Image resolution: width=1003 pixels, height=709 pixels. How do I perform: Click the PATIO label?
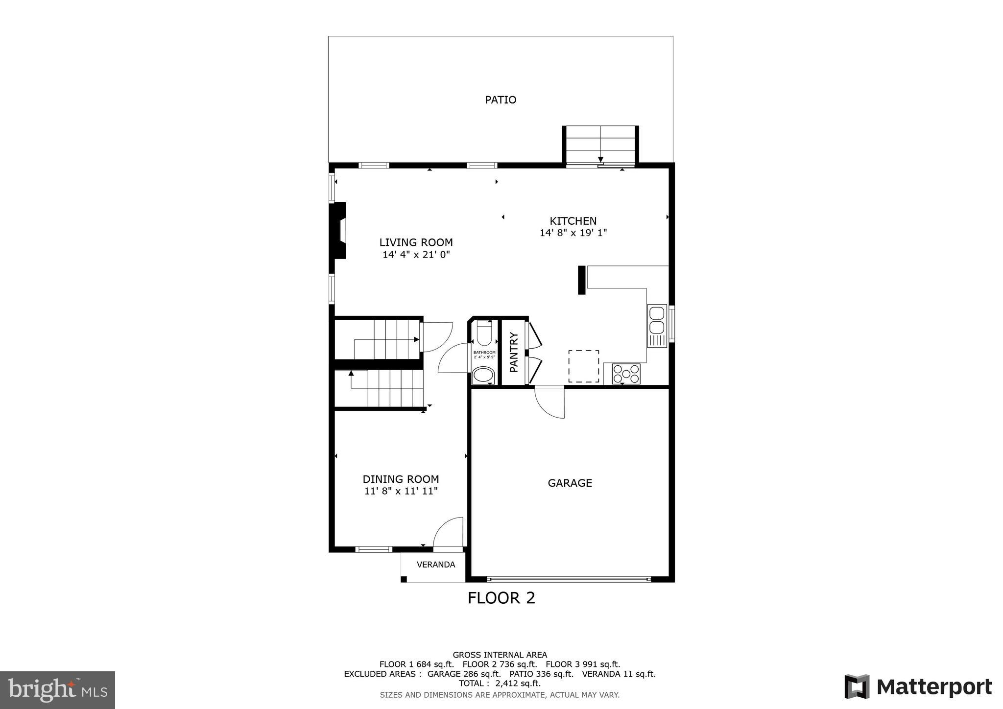501,100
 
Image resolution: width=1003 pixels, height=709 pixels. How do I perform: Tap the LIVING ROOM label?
416,242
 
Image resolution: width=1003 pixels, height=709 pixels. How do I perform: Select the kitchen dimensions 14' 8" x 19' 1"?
573,233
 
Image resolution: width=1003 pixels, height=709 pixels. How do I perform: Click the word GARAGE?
570,483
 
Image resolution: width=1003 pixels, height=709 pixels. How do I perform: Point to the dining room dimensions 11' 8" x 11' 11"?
401,491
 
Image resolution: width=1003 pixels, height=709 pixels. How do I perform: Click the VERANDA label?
435,565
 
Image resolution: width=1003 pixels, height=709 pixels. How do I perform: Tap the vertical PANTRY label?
514,352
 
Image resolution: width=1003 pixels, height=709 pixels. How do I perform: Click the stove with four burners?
626,374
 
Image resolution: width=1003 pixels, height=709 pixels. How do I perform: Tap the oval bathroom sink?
484,376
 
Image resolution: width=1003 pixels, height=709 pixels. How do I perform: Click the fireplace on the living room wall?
339,230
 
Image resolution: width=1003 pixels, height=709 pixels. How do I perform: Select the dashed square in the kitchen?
583,366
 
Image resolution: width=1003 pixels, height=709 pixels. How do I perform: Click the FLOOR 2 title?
501,598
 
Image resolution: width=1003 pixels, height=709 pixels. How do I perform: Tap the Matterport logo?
918,687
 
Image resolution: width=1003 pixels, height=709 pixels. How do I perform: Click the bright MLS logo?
57,690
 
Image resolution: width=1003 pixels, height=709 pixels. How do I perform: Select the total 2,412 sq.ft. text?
500,683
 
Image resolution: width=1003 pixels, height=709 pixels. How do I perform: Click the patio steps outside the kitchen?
600,144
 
